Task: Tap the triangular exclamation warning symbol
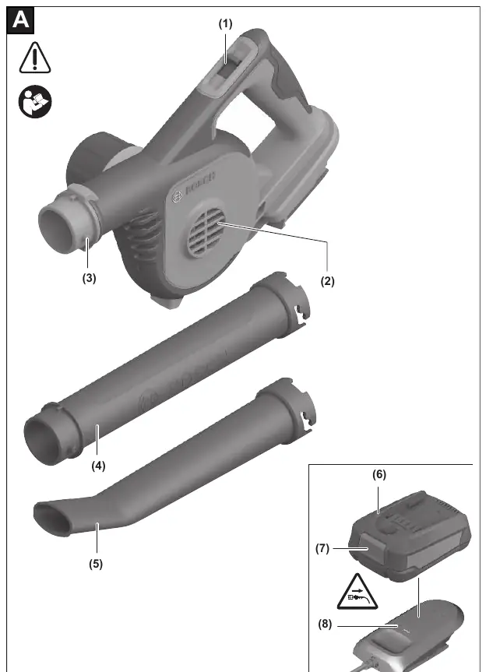pyautogui.click(x=35, y=58)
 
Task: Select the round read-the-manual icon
pyautogui.click(x=35, y=102)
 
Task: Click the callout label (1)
pyautogui.click(x=225, y=24)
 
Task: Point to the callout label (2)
pyautogui.click(x=327, y=281)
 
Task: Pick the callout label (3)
pyautogui.click(x=89, y=278)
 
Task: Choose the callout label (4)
pyautogui.click(x=98, y=466)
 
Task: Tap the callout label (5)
pyautogui.click(x=96, y=564)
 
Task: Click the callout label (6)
pyautogui.click(x=379, y=474)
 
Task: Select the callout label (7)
pyautogui.click(x=322, y=548)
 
